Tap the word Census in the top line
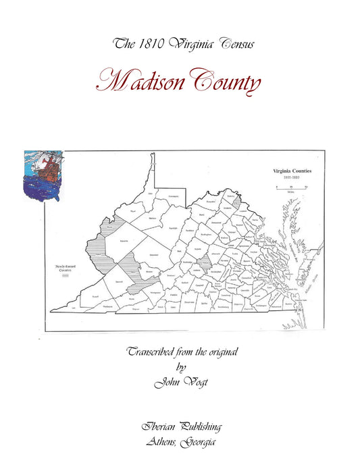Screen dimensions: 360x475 [232, 45]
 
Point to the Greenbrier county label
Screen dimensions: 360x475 [155, 254]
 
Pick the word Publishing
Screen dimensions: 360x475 [199, 427]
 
